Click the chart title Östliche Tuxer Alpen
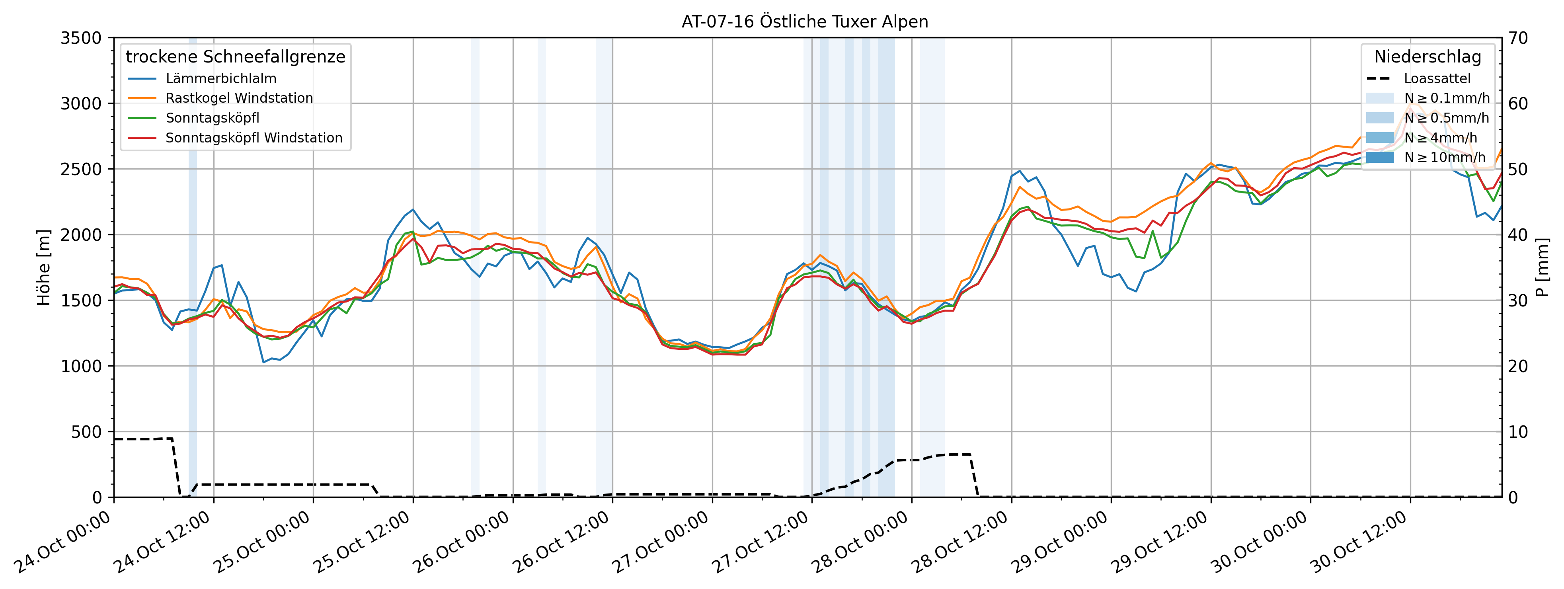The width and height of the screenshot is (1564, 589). pos(804,22)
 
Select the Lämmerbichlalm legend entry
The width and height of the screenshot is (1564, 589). pos(220,79)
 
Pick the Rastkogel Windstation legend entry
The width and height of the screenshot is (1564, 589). pos(239,98)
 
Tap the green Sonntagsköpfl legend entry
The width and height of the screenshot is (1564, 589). pos(213,118)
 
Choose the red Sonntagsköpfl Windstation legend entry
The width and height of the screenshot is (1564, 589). pos(254,138)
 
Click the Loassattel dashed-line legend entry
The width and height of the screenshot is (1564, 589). pos(1437,79)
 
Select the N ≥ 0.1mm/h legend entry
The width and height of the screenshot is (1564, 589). pos(1446,98)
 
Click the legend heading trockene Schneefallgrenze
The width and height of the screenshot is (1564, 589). pos(236,57)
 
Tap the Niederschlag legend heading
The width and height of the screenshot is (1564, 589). pos(1427,57)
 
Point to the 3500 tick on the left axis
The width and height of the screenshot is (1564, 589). pos(81,38)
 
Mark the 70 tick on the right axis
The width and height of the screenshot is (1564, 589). pos(1518,38)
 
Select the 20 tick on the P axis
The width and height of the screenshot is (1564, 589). pos(1518,366)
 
